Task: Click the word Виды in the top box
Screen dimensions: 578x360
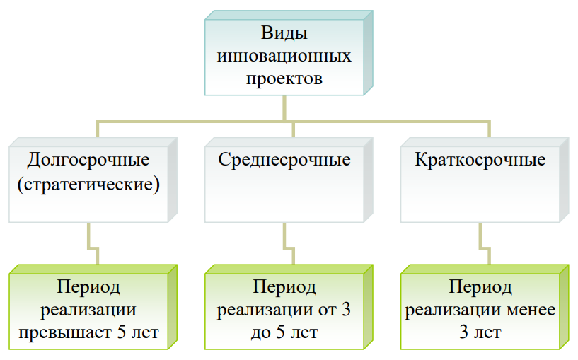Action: [x=284, y=33]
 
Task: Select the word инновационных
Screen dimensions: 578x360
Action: [x=284, y=56]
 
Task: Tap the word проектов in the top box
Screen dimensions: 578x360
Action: [x=284, y=79]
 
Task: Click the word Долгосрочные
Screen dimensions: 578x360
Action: [x=88, y=161]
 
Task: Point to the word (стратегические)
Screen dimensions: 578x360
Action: [x=88, y=184]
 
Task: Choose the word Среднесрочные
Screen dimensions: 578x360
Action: [x=284, y=161]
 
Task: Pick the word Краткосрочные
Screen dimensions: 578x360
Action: [x=480, y=161]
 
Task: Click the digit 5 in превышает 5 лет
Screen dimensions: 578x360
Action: [x=122, y=332]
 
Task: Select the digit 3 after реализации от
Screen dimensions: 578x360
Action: [x=346, y=310]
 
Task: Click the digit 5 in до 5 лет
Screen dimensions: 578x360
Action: [x=280, y=332]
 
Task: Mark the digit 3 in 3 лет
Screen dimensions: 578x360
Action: [x=463, y=332]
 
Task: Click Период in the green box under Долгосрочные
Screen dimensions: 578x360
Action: [x=88, y=287]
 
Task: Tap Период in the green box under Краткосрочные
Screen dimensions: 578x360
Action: [x=480, y=287]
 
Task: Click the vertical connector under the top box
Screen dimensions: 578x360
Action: [x=284, y=108]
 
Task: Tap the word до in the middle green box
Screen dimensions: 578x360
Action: [x=261, y=333]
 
